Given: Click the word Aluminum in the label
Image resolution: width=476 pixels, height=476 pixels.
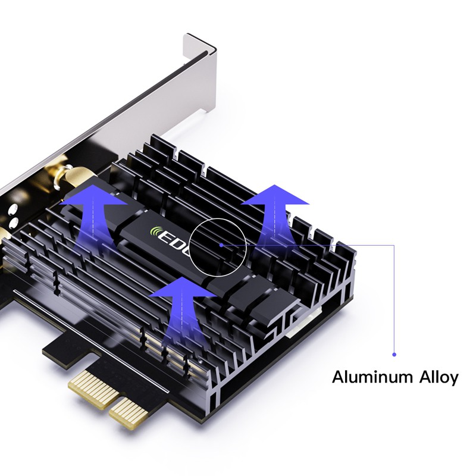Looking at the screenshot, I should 362,377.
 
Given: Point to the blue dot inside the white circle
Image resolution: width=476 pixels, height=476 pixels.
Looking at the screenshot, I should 221,244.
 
